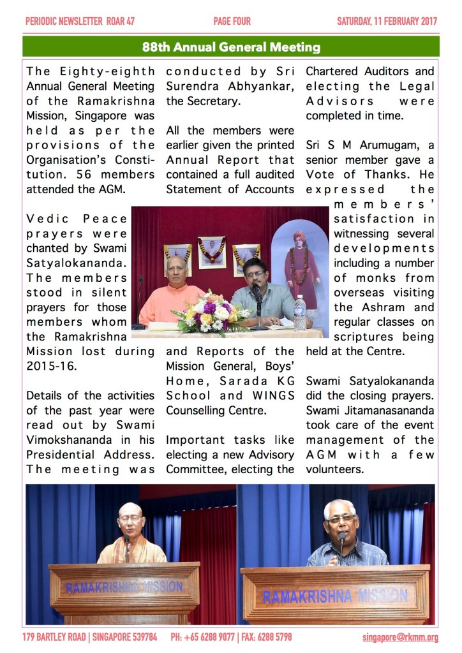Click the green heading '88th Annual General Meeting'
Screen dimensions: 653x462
tap(231, 47)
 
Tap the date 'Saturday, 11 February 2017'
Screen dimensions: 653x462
tap(387, 21)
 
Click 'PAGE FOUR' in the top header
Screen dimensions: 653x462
tap(232, 21)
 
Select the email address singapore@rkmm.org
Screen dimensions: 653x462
tap(400, 637)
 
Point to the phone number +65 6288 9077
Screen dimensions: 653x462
tap(219, 637)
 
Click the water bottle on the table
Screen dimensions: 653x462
tap(299, 312)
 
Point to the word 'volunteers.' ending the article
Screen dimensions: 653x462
tap(334, 469)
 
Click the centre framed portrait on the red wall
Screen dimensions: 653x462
tap(211, 251)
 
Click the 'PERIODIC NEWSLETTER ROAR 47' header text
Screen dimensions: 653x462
tap(80, 21)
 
